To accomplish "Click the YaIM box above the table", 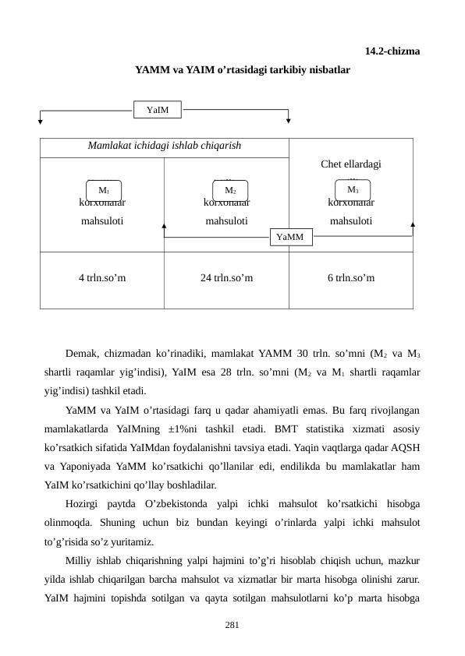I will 158,110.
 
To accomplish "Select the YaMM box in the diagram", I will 291,236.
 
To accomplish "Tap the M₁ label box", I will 104,190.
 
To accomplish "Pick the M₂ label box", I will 230,190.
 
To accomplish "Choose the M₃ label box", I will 353,189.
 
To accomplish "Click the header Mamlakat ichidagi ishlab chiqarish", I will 164,146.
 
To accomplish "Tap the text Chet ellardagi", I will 350,164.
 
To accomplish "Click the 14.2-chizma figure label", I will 392,52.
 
